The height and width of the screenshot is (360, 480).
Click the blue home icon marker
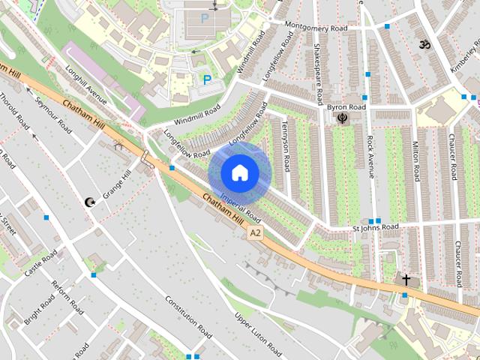tap(239, 173)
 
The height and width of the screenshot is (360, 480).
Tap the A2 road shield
tap(256, 234)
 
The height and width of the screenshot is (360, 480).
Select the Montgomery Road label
tap(318, 24)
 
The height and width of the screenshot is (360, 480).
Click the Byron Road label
tap(346, 107)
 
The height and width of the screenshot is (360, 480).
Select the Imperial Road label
tap(240, 205)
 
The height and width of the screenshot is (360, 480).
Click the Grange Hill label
tap(116, 183)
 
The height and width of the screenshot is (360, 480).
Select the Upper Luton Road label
tap(259, 334)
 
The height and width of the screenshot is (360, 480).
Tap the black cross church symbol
tap(406, 280)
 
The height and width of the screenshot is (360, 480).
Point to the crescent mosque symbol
tap(90, 202)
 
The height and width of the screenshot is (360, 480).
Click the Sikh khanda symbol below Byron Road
tap(343, 118)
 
